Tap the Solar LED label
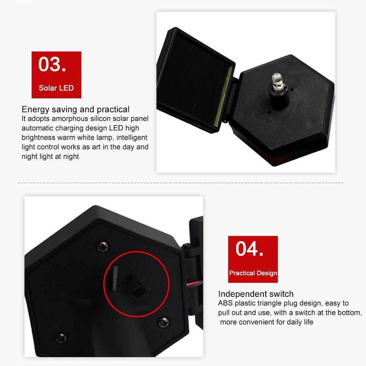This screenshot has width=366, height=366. click(x=56, y=88)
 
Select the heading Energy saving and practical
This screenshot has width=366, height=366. click(x=75, y=109)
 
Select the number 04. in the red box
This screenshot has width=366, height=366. click(x=250, y=249)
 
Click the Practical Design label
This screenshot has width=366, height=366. click(x=253, y=273)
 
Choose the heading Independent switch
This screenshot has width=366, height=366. click(x=256, y=294)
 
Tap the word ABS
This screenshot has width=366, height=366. click(x=225, y=303)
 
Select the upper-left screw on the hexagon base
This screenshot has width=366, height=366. click(x=102, y=247)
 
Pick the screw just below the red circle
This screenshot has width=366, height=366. click(x=164, y=322)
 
